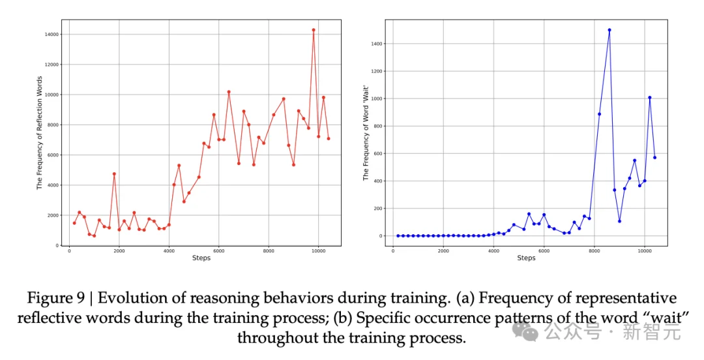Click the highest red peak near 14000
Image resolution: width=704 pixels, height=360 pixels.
314,30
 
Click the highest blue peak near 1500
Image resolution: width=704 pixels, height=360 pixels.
609,30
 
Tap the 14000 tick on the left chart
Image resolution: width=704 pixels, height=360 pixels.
52,34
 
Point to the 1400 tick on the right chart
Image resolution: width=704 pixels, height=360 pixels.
374,44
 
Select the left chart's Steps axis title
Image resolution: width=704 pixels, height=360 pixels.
201,258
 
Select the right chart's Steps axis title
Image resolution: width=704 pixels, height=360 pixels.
526,258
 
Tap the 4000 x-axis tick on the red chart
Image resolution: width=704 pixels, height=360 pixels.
169,250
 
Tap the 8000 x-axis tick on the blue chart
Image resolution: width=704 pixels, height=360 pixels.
594,250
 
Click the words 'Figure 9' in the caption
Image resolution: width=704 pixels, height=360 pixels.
55,298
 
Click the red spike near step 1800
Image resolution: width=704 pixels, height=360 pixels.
114,174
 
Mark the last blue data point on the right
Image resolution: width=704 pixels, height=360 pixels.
654,157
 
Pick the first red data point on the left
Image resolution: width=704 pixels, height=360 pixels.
74,223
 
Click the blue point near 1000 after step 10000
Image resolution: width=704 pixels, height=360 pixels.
649,98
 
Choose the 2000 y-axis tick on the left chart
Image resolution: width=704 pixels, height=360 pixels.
54,215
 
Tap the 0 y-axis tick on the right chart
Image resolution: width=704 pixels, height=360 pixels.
383,236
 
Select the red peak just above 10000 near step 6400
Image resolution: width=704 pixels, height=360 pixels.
229,92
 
